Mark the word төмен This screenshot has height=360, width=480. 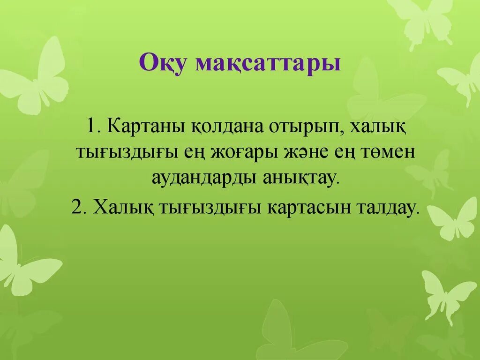point(386,153)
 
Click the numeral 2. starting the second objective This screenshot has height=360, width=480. point(77,208)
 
